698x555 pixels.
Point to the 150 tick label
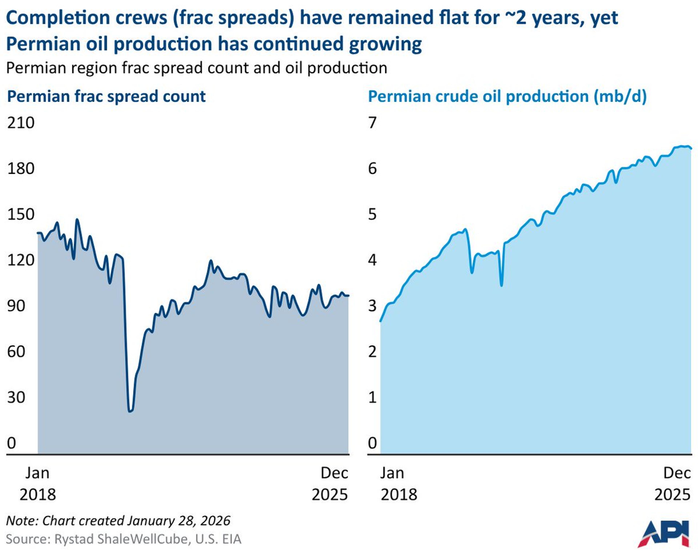21,214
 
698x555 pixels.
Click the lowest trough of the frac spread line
131,411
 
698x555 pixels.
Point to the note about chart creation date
118,521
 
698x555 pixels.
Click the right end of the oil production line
691,149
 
